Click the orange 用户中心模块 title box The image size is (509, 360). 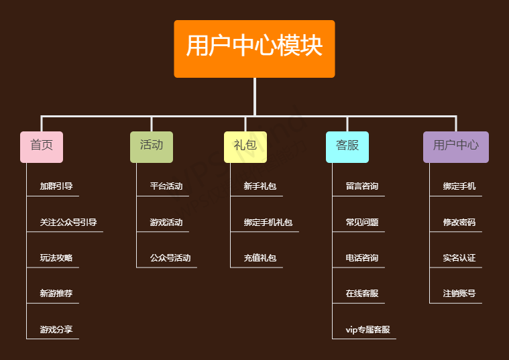254,48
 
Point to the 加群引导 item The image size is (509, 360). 56,186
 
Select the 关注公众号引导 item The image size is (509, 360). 68,222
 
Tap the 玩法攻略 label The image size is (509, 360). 56,257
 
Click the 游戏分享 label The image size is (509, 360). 56,329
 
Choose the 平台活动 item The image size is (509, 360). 166,186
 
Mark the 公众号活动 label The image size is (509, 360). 170,257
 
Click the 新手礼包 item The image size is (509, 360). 260,186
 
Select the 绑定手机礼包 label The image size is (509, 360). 268,222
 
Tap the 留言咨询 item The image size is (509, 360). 362,186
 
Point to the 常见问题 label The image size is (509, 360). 362,222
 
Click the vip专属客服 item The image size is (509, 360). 367,329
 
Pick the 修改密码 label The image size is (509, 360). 459,222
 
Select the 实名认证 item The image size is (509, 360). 459,257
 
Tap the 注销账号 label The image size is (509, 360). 459,293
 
